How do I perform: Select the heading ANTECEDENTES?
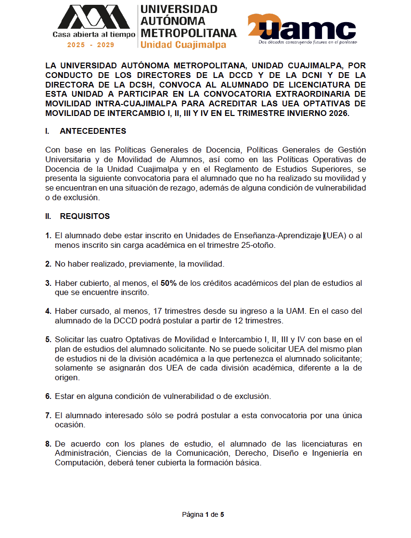tap(93, 131)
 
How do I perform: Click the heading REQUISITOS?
tap(85, 217)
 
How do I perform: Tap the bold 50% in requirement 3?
tap(168, 283)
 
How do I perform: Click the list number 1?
tap(48, 236)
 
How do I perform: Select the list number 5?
tap(48, 339)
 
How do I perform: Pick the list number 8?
tap(48, 444)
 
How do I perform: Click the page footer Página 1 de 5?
tap(203, 515)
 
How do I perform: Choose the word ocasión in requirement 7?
tap(70, 425)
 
